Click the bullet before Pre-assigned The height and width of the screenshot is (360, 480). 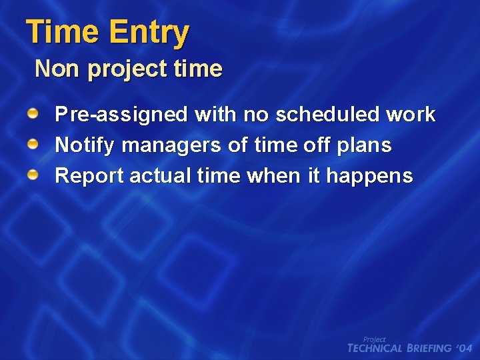[x=33, y=114]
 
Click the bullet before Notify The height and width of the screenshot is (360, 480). [x=33, y=145]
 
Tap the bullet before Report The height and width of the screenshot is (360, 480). [x=33, y=175]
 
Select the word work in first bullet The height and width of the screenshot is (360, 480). [x=411, y=115]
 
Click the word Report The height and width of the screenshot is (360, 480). [x=89, y=177]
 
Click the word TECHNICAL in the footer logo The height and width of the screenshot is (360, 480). [x=375, y=348]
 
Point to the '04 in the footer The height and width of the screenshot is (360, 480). [x=465, y=348]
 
